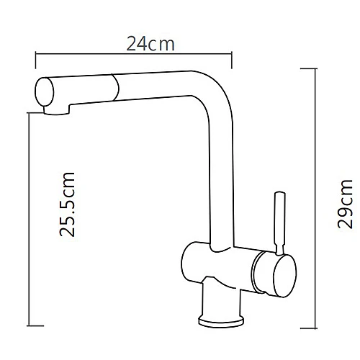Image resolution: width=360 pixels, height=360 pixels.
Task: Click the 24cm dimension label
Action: (151, 43)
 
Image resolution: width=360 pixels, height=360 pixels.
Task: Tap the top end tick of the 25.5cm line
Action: (30, 113)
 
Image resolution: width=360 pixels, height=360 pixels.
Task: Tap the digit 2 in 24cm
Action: (132, 43)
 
